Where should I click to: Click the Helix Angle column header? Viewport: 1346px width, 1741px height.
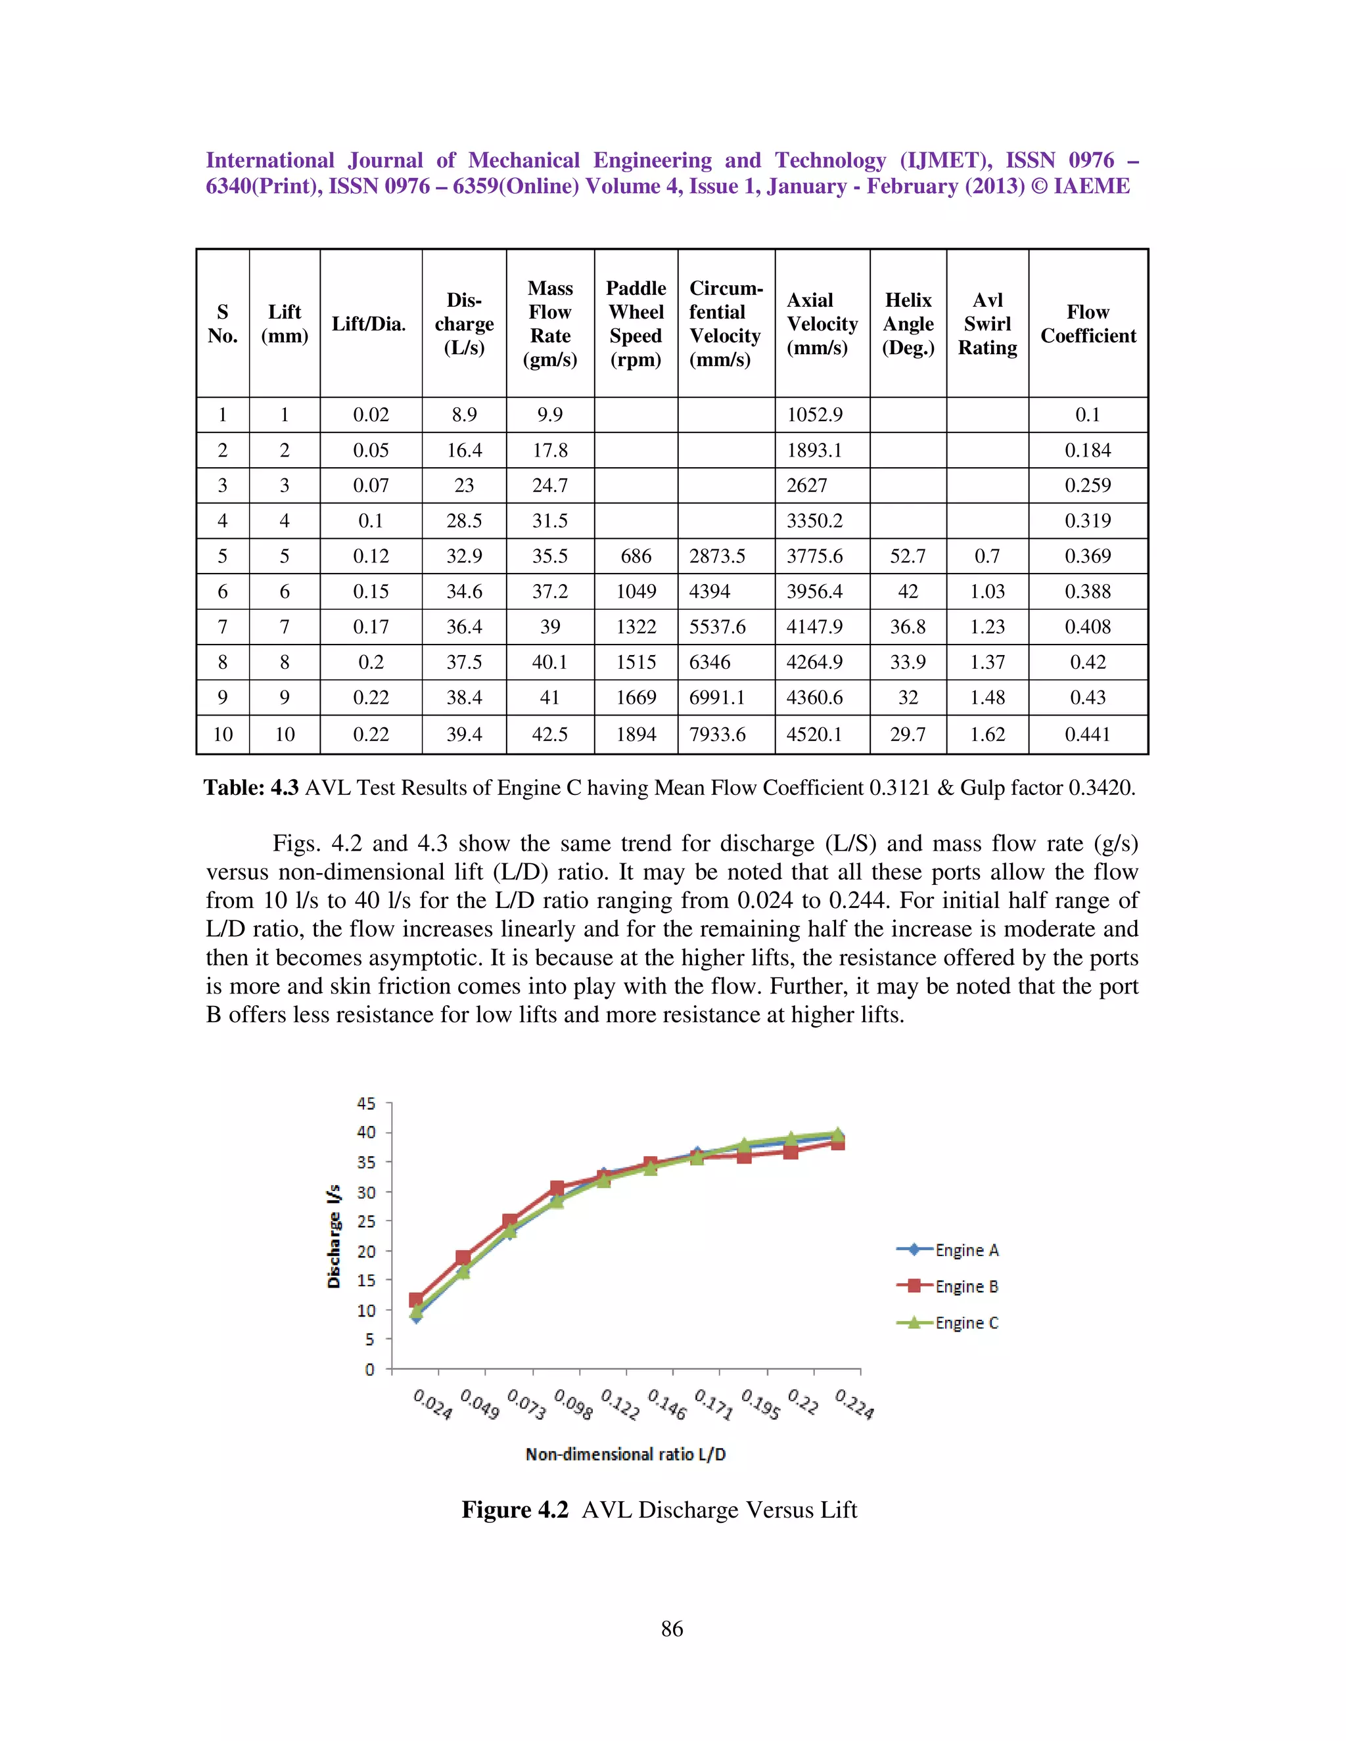(x=908, y=324)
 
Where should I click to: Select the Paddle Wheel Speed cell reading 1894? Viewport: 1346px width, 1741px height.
(x=636, y=735)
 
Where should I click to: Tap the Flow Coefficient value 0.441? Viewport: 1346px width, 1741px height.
(x=1087, y=735)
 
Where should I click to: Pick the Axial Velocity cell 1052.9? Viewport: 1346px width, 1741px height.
(x=814, y=415)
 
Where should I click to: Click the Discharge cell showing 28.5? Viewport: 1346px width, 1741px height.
(x=464, y=520)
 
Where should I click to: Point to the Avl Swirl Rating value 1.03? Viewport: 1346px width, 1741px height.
(x=986, y=591)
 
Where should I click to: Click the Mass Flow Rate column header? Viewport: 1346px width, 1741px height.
(x=549, y=324)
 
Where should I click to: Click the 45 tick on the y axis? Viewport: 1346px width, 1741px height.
(x=366, y=1103)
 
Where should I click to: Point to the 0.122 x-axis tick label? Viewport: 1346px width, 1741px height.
(x=620, y=1405)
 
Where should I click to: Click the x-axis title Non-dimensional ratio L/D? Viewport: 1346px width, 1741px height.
(x=625, y=1454)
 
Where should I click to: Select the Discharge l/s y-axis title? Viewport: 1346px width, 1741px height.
(x=334, y=1236)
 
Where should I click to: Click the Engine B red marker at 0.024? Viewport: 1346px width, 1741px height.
(x=415, y=1300)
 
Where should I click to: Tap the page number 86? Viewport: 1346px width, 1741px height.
(x=672, y=1628)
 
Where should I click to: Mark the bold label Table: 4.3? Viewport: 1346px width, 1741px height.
(x=251, y=788)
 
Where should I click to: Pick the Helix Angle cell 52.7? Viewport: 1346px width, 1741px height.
(x=908, y=556)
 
